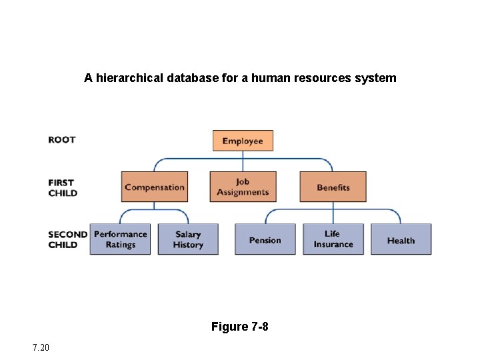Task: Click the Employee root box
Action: pyautogui.click(x=243, y=141)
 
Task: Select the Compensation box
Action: pyautogui.click(x=155, y=187)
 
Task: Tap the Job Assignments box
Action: pyautogui.click(x=243, y=187)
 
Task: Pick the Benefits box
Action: pyautogui.click(x=333, y=187)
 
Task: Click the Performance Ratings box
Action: pyautogui.click(x=121, y=239)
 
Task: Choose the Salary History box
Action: pyautogui.click(x=188, y=239)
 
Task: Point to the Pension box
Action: pyautogui.click(x=265, y=240)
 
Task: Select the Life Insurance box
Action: pyautogui.click(x=333, y=239)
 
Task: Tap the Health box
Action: pyautogui.click(x=401, y=240)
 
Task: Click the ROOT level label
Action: pyautogui.click(x=62, y=140)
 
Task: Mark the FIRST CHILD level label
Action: pyautogui.click(x=63, y=188)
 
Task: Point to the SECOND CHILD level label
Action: pyautogui.click(x=67, y=239)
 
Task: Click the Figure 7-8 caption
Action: pyautogui.click(x=240, y=327)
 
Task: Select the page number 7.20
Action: pyautogui.click(x=40, y=347)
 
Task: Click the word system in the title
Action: pyautogui.click(x=377, y=78)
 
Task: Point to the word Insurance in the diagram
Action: pyautogui.click(x=333, y=245)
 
